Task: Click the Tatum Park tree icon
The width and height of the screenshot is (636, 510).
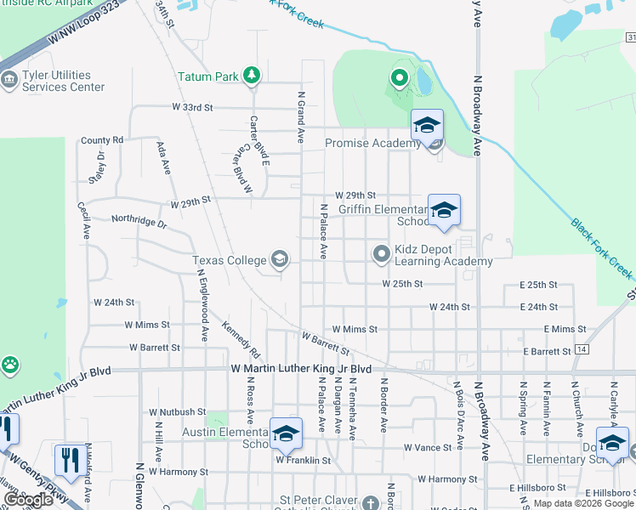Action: (x=251, y=76)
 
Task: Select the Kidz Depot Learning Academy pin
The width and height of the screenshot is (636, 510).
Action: (x=383, y=252)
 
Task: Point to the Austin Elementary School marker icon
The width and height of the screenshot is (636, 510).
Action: (x=287, y=433)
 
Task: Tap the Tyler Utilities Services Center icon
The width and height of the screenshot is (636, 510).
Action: (x=9, y=82)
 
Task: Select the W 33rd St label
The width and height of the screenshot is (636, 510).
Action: (x=191, y=108)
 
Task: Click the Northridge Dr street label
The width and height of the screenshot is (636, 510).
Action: (x=139, y=221)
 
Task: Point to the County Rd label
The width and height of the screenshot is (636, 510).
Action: (x=102, y=140)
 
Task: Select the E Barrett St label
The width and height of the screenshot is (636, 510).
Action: (x=547, y=351)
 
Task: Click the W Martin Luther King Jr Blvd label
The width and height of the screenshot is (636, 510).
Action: (x=302, y=369)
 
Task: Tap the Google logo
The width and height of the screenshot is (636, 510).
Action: (x=28, y=500)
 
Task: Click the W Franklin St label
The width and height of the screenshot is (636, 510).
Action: (x=302, y=461)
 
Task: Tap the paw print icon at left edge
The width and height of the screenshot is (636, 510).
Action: (x=9, y=365)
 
